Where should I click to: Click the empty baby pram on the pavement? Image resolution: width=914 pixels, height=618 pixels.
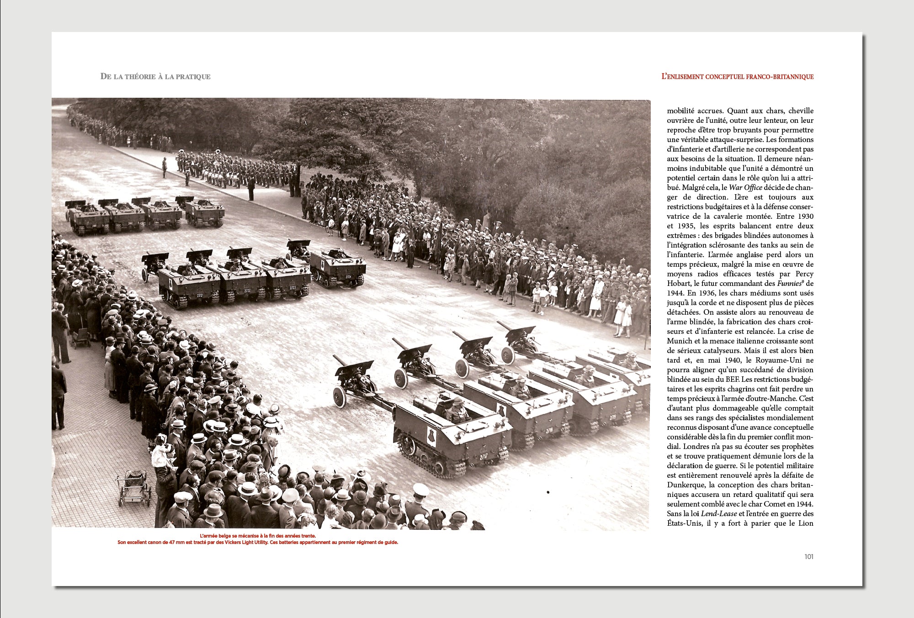pyautogui.click(x=134, y=488)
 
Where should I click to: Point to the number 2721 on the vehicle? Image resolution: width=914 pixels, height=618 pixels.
pyautogui.click(x=199, y=296)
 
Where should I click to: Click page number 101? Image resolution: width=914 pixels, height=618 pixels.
pyautogui.click(x=809, y=556)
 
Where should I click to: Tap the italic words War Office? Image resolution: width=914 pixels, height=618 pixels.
pyautogui.click(x=745, y=188)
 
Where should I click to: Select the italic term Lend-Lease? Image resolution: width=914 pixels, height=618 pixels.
pyautogui.click(x=719, y=514)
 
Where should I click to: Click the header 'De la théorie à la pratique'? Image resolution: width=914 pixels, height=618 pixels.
pyautogui.click(x=155, y=77)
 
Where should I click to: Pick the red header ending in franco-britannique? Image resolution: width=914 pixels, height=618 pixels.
pyautogui.click(x=737, y=77)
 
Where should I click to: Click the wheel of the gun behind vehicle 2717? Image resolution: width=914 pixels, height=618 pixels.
pyautogui.click(x=339, y=396)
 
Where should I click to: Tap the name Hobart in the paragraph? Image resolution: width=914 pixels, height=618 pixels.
pyautogui.click(x=679, y=284)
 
